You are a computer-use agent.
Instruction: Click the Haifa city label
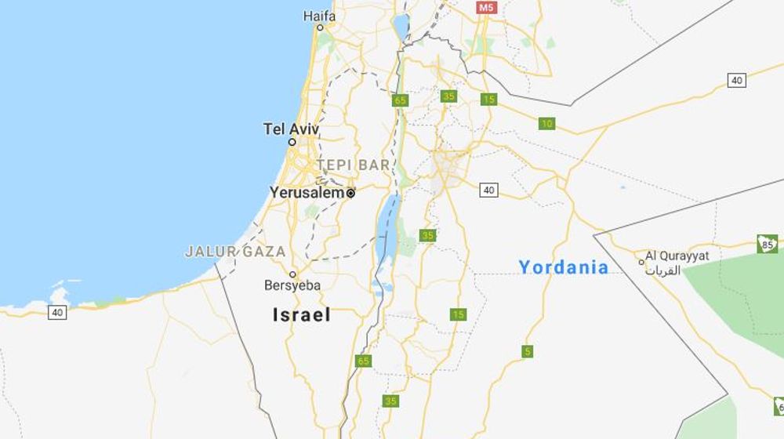point(319,16)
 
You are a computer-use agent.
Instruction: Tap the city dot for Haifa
point(319,28)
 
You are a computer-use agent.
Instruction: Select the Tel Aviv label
point(291,129)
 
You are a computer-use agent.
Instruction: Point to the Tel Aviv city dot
point(292,143)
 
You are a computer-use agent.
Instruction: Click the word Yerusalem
point(307,192)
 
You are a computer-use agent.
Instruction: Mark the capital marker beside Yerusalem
point(350,193)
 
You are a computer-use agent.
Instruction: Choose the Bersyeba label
point(292,286)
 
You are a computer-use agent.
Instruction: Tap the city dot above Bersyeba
point(292,274)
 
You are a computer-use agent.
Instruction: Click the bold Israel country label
point(301,315)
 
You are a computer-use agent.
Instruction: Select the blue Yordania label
point(563,267)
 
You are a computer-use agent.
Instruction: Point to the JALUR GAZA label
point(234,252)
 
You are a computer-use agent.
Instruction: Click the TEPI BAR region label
point(353,165)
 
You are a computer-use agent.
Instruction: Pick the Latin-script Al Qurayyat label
point(678,256)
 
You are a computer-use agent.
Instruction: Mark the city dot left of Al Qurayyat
point(641,261)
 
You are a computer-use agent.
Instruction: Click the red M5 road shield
point(487,7)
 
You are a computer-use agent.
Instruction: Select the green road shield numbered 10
point(546,123)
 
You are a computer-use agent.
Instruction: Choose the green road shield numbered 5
point(527,351)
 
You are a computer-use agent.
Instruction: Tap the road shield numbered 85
point(768,245)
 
